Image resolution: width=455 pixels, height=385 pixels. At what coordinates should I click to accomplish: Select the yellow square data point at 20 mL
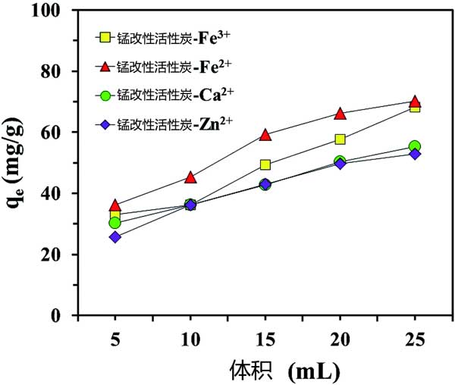340,139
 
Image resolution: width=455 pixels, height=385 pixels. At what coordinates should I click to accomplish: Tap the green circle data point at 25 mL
415,146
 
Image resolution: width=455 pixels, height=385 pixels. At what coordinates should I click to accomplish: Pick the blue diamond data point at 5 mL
115,236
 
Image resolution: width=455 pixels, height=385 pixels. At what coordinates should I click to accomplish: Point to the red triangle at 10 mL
190,177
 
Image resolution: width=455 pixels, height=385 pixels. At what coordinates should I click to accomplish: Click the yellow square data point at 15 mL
265,164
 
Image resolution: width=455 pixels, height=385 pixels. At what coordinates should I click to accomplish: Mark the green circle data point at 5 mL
115,223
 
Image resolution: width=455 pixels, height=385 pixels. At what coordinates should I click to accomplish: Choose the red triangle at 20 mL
340,114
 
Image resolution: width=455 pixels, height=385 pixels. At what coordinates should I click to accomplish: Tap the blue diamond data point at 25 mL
415,154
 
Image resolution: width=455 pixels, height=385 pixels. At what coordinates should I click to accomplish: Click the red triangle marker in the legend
107,66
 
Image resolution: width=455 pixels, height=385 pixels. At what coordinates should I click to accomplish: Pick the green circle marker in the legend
107,95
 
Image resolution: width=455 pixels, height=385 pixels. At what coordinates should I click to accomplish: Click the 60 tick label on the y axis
58,132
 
